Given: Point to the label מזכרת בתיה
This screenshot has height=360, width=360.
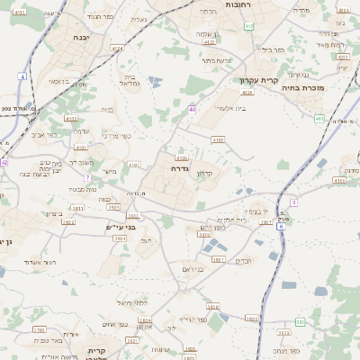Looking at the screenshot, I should click(301, 88).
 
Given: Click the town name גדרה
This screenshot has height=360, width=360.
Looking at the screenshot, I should click(176, 167).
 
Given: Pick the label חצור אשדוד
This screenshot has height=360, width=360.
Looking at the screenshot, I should click(41, 261).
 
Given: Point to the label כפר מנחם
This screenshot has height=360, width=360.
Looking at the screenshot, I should click(283, 350).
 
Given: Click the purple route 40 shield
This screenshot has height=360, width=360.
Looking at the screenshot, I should click(192, 109).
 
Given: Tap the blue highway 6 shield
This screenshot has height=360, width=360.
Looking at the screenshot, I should click(280, 227).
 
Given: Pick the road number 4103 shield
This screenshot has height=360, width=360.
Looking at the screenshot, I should click(218, 139).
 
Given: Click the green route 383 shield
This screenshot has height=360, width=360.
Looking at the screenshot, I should click(301, 321).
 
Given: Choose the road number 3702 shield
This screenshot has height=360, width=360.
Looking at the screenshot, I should click(40, 330).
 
